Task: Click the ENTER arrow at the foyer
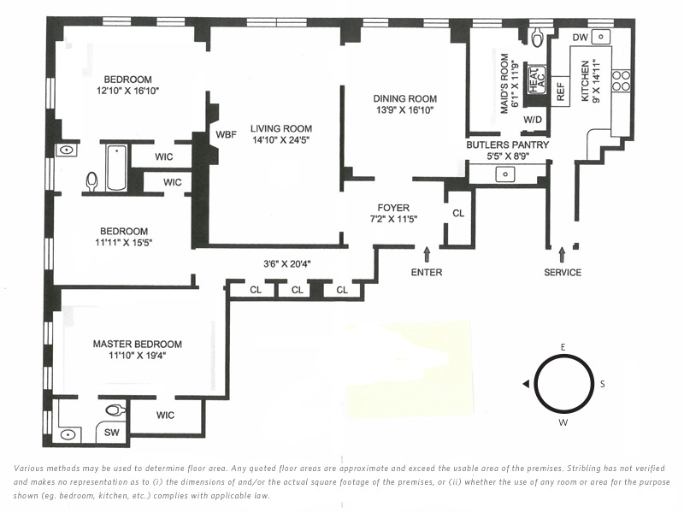(x=427, y=255)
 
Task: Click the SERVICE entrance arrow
(x=562, y=255)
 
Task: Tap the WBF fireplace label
(x=226, y=135)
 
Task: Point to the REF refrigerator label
(x=561, y=92)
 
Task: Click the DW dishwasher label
(x=580, y=38)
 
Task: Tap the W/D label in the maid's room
(x=532, y=120)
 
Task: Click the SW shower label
(x=112, y=433)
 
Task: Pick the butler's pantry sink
(x=505, y=174)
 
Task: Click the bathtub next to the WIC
(x=116, y=168)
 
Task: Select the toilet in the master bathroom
(x=115, y=410)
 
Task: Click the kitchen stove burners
(x=622, y=81)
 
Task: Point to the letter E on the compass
(x=563, y=347)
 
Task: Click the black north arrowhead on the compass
(x=526, y=384)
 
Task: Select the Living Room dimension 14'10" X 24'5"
(x=281, y=140)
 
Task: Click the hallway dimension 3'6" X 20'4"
(x=286, y=264)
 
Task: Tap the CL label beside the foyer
(x=458, y=213)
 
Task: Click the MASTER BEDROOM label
(x=138, y=344)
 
